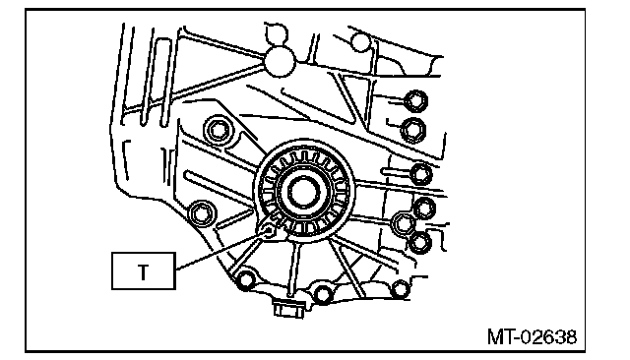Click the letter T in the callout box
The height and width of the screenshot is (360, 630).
(143, 271)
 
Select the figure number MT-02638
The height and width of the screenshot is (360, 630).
(532, 336)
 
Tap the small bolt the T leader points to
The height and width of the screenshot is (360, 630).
(268, 230)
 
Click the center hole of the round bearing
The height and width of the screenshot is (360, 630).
(304, 191)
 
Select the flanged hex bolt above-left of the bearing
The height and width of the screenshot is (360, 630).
(218, 130)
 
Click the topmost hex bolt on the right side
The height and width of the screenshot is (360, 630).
(415, 100)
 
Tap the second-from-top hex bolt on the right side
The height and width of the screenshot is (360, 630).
(413, 130)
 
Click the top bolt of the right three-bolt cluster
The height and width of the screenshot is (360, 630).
(424, 209)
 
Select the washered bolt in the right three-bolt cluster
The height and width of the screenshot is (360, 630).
(403, 223)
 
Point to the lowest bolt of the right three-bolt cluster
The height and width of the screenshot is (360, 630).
(420, 242)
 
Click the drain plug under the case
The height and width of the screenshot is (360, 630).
(287, 308)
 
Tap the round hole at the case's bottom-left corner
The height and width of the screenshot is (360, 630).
(245, 280)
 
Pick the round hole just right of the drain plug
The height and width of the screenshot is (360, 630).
(323, 294)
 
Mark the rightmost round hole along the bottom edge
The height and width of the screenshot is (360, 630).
(401, 288)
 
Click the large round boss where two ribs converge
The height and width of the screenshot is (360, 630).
(280, 61)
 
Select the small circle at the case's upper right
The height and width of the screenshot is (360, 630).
(361, 41)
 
